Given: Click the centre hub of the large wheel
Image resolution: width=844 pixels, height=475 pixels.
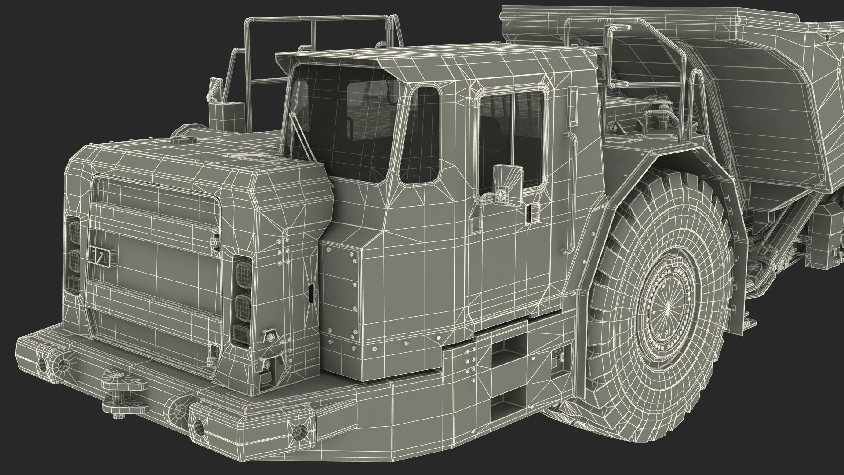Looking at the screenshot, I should pos(666,308).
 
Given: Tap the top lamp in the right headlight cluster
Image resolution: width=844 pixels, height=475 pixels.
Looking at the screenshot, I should pos(243,269).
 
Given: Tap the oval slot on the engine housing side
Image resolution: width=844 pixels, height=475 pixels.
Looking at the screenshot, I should pos(311,293).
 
